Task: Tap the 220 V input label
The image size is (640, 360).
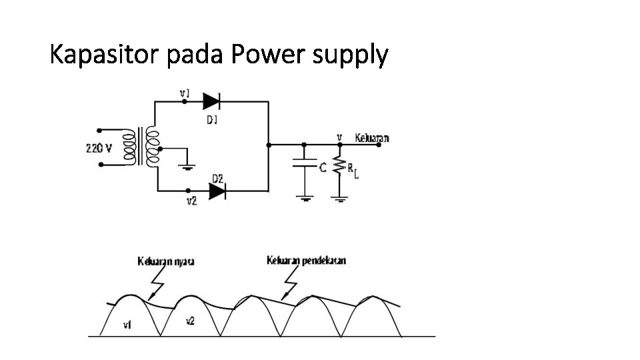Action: pos(99,148)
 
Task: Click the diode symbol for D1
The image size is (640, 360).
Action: pos(211,101)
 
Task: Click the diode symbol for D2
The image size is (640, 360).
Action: pos(217,191)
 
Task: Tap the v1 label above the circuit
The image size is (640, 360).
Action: pos(185,93)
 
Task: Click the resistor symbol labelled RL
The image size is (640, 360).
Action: pos(339,167)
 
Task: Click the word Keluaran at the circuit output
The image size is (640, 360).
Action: pos(372,138)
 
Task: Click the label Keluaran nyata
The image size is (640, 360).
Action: pos(166,261)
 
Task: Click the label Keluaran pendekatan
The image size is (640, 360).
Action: pos(306,260)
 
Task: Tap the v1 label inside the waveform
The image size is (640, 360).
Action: pos(127,325)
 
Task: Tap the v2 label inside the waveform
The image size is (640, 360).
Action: pos(190,321)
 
